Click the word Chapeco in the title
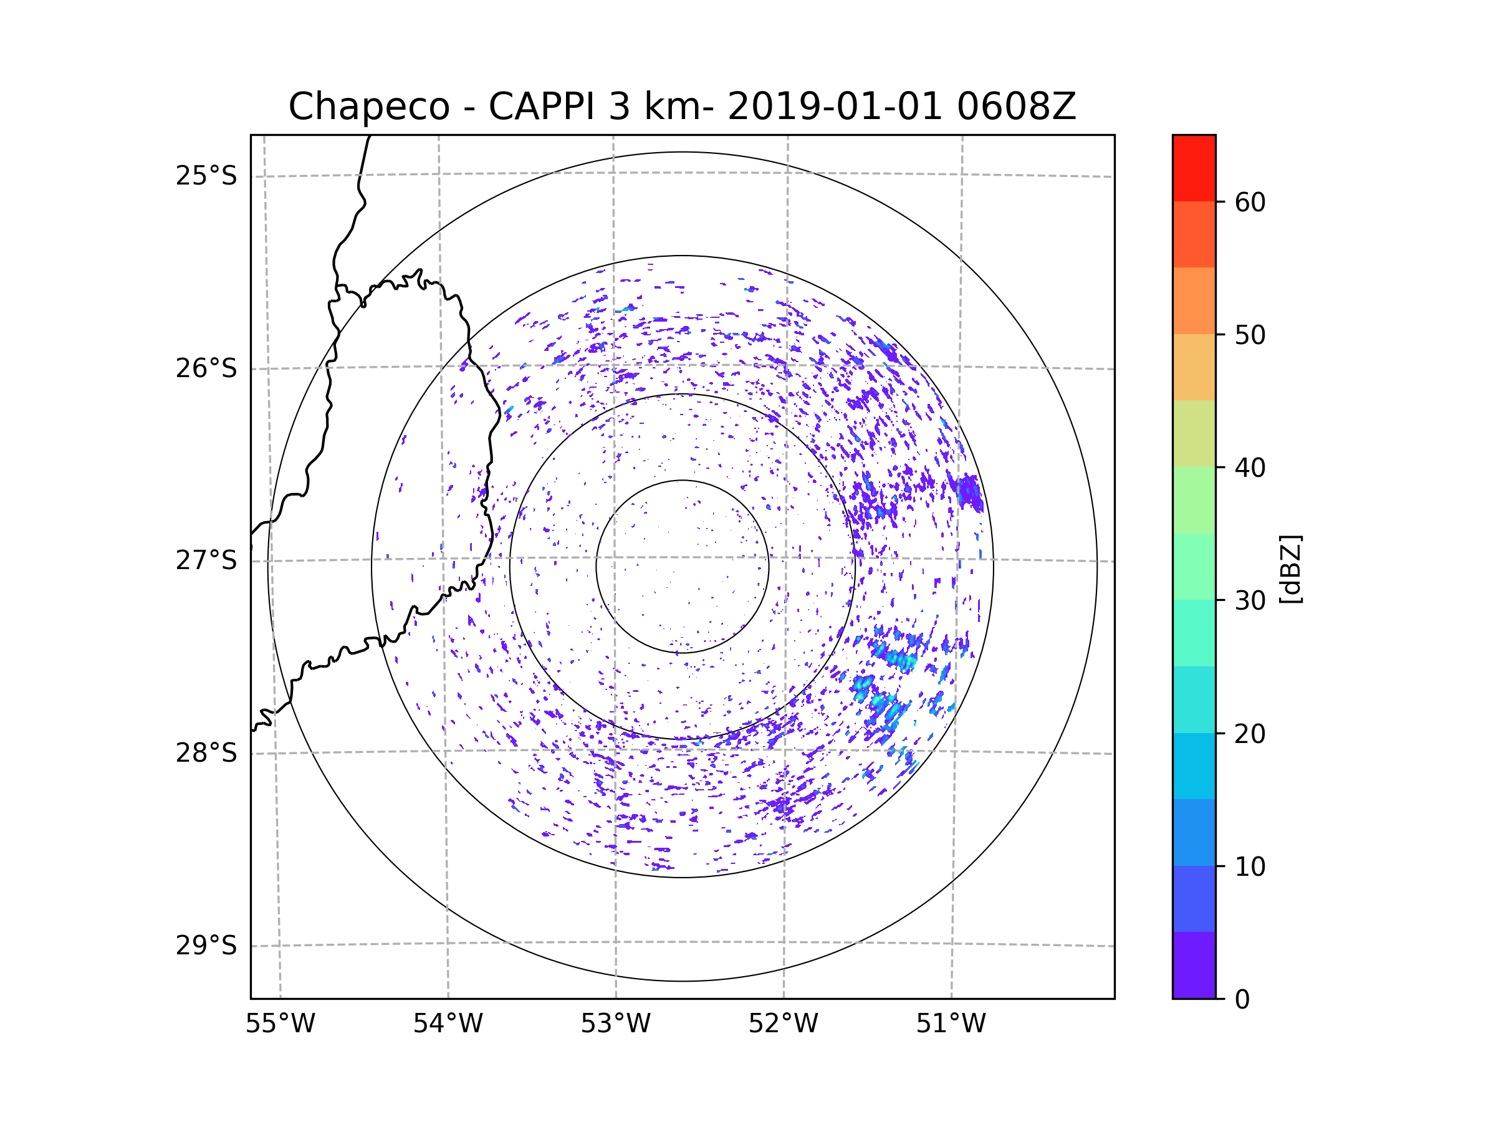pyautogui.click(x=368, y=107)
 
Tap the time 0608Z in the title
pyautogui.click(x=1016, y=107)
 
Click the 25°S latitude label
pyautogui.click(x=206, y=176)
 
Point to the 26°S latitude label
pyautogui.click(x=206, y=368)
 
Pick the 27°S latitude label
pyautogui.click(x=206, y=560)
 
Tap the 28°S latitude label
pyautogui.click(x=206, y=753)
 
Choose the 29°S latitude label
pyautogui.click(x=206, y=946)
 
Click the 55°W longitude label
pyautogui.click(x=280, y=1024)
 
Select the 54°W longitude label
pyautogui.click(x=448, y=1024)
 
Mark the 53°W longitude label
pyautogui.click(x=615, y=1024)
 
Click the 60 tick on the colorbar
pyautogui.click(x=1250, y=202)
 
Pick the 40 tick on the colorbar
pyautogui.click(x=1250, y=468)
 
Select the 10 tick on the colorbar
pyautogui.click(x=1250, y=866)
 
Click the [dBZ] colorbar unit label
pyautogui.click(x=1290, y=568)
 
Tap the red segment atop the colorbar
pyautogui.click(x=1194, y=168)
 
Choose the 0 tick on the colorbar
pyautogui.click(x=1242, y=1000)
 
